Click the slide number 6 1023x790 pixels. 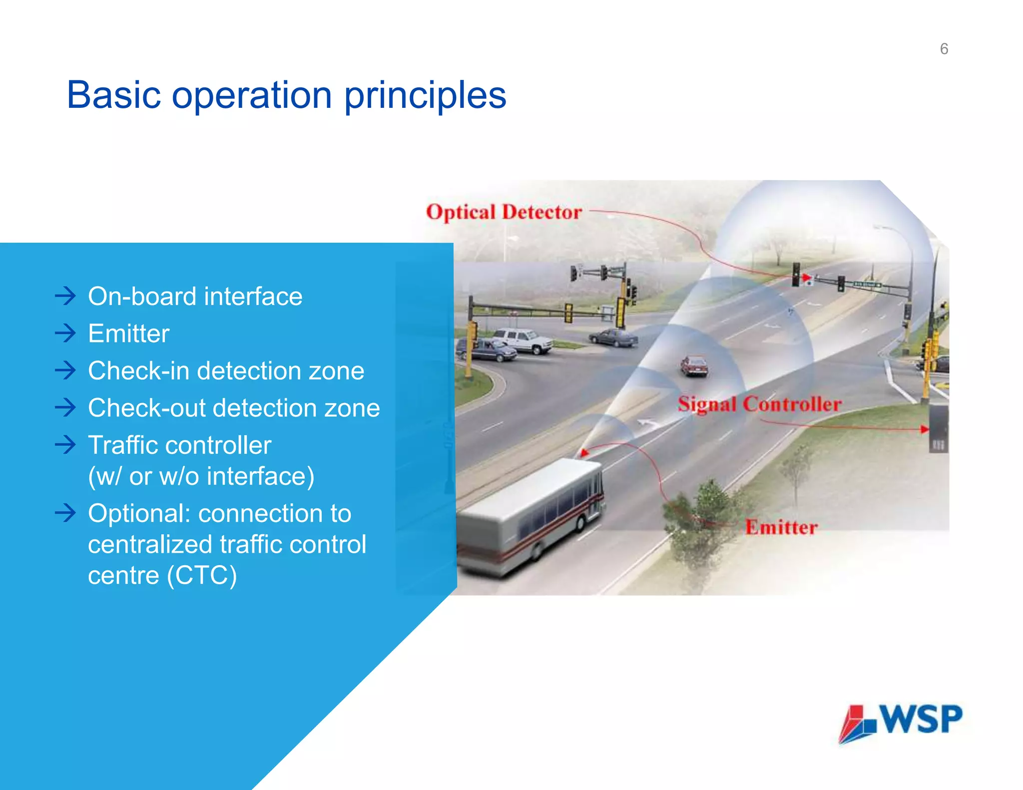coord(944,49)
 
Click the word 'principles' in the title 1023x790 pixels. coord(425,96)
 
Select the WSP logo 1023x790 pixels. coord(900,722)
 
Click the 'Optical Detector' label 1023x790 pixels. coord(504,212)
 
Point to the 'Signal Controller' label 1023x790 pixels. coord(759,404)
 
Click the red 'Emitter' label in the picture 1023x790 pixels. coord(781,527)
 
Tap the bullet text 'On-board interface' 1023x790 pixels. coord(195,297)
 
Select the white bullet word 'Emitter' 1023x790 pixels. coord(128,334)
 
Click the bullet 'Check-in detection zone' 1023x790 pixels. coord(226,371)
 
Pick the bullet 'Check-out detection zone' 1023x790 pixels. coord(234,408)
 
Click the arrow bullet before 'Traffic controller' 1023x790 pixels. coord(65,444)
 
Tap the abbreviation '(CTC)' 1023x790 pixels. coord(202,575)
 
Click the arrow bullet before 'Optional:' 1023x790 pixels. coord(65,513)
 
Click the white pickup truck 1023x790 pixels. coord(522,341)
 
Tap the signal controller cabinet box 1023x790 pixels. coord(938,428)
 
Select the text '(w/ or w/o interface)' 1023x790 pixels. coord(201,476)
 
